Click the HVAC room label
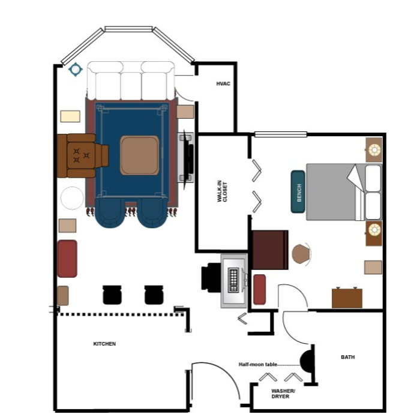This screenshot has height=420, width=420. [x=223, y=83]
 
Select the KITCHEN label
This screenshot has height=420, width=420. [x=104, y=344]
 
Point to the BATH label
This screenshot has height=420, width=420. [x=347, y=357]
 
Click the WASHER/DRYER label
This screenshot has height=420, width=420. [x=283, y=394]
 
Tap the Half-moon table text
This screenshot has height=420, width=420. [x=258, y=364]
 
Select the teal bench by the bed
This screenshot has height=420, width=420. [x=298, y=192]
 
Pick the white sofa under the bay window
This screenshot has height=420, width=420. [x=131, y=81]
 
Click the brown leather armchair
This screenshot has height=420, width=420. [x=82, y=155]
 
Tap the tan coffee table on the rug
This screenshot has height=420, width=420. [x=140, y=155]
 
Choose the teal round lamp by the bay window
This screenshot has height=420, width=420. [x=76, y=70]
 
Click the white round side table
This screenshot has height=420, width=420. [x=72, y=198]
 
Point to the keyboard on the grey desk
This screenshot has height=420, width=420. [x=233, y=280]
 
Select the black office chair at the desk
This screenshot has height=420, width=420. [x=211, y=277]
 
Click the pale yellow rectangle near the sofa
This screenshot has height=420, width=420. [x=70, y=116]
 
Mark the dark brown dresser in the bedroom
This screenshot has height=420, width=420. [x=270, y=250]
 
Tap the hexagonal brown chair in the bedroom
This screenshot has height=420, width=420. [x=301, y=254]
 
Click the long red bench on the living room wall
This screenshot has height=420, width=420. [x=67, y=259]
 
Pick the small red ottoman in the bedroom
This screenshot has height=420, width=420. [x=260, y=290]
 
